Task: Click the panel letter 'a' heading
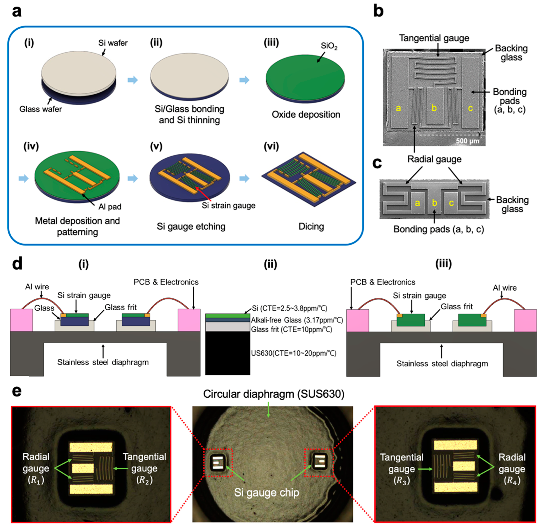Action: click(17, 12)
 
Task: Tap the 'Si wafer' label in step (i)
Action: click(113, 43)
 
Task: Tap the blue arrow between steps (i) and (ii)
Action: click(132, 80)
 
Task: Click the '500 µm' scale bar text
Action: click(467, 141)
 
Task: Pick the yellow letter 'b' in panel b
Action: click(434, 108)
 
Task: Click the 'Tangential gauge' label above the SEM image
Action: click(434, 38)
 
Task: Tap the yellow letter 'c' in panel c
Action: click(451, 203)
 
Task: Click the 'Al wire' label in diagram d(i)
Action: click(37, 287)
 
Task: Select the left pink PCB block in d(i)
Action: click(21, 320)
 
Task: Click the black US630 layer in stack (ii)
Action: click(227, 353)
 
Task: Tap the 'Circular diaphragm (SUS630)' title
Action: click(274, 394)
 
